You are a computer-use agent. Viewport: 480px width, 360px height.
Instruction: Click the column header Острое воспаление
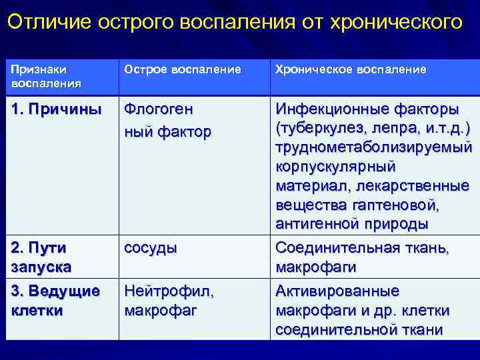point(182,70)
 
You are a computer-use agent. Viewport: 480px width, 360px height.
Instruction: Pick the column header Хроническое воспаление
point(351,70)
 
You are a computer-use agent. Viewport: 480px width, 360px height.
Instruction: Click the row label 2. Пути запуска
point(40,257)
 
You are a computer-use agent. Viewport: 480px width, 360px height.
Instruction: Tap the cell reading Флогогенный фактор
point(167,121)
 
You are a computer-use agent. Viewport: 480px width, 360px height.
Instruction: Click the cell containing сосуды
point(151,248)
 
